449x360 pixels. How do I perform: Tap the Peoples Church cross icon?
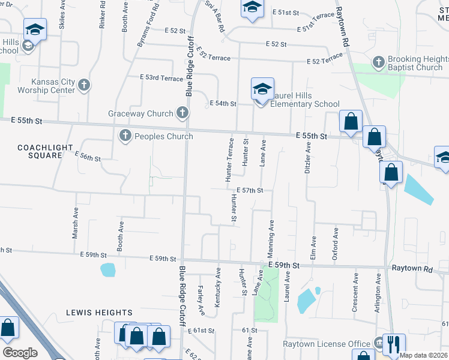[125, 136]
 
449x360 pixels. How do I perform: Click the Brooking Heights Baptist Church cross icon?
[378, 61]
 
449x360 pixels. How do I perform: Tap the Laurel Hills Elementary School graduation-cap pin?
[262, 90]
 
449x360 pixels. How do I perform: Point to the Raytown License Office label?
[327, 344]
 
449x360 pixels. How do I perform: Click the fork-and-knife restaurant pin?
[393, 344]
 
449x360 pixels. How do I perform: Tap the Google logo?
[20, 353]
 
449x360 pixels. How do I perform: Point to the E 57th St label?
[250, 190]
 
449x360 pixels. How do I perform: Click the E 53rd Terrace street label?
[161, 78]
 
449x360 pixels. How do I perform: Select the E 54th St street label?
[223, 104]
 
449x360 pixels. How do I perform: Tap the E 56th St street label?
[88, 157]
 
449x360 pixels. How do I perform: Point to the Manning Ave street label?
[271, 235]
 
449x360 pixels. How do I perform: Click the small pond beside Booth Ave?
[109, 270]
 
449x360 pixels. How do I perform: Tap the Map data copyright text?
[423, 355]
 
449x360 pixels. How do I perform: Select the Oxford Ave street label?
[336, 241]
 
